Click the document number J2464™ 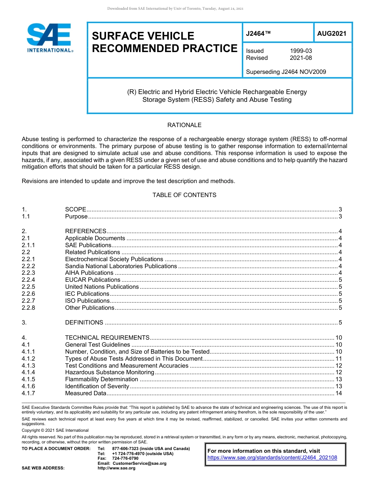click(258, 34)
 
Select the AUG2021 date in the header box click(331, 34)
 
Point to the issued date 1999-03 click(301, 51)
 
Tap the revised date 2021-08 click(301, 58)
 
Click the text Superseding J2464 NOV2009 click(286, 72)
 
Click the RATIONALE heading click(184, 125)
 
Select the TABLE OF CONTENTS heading click(184, 195)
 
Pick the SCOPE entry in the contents click(75, 209)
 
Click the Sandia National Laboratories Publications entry click(121, 266)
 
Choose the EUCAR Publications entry click(92, 280)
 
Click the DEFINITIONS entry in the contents click(84, 323)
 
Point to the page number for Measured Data click(338, 393)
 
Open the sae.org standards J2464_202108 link click(272, 458)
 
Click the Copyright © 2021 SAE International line click(55, 430)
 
